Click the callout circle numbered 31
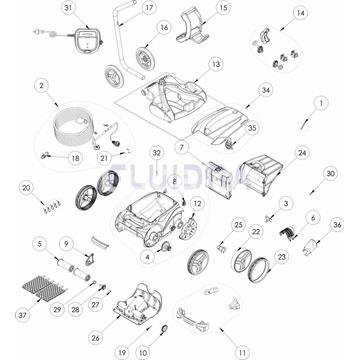click(x=68, y=8)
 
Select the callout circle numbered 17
click(x=149, y=8)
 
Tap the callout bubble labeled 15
click(x=222, y=8)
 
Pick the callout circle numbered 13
click(x=215, y=63)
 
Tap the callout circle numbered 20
click(x=27, y=186)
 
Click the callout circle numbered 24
click(x=301, y=153)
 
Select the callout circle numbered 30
click(x=330, y=174)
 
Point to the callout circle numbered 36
click(x=337, y=225)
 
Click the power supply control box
click(x=89, y=39)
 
